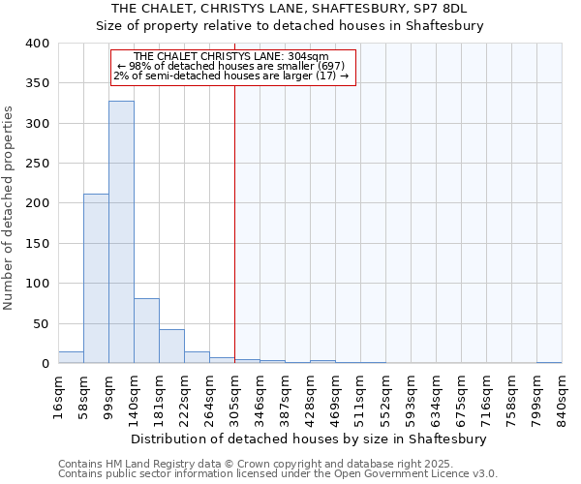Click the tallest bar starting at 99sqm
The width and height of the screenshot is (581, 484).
121,232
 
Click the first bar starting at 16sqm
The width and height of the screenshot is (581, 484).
71,357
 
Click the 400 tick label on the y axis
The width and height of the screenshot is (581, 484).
37,44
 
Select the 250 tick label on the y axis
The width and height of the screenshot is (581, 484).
37,164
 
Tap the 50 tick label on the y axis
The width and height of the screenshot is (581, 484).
41,323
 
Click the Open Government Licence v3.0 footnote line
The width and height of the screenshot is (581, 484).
278,474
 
